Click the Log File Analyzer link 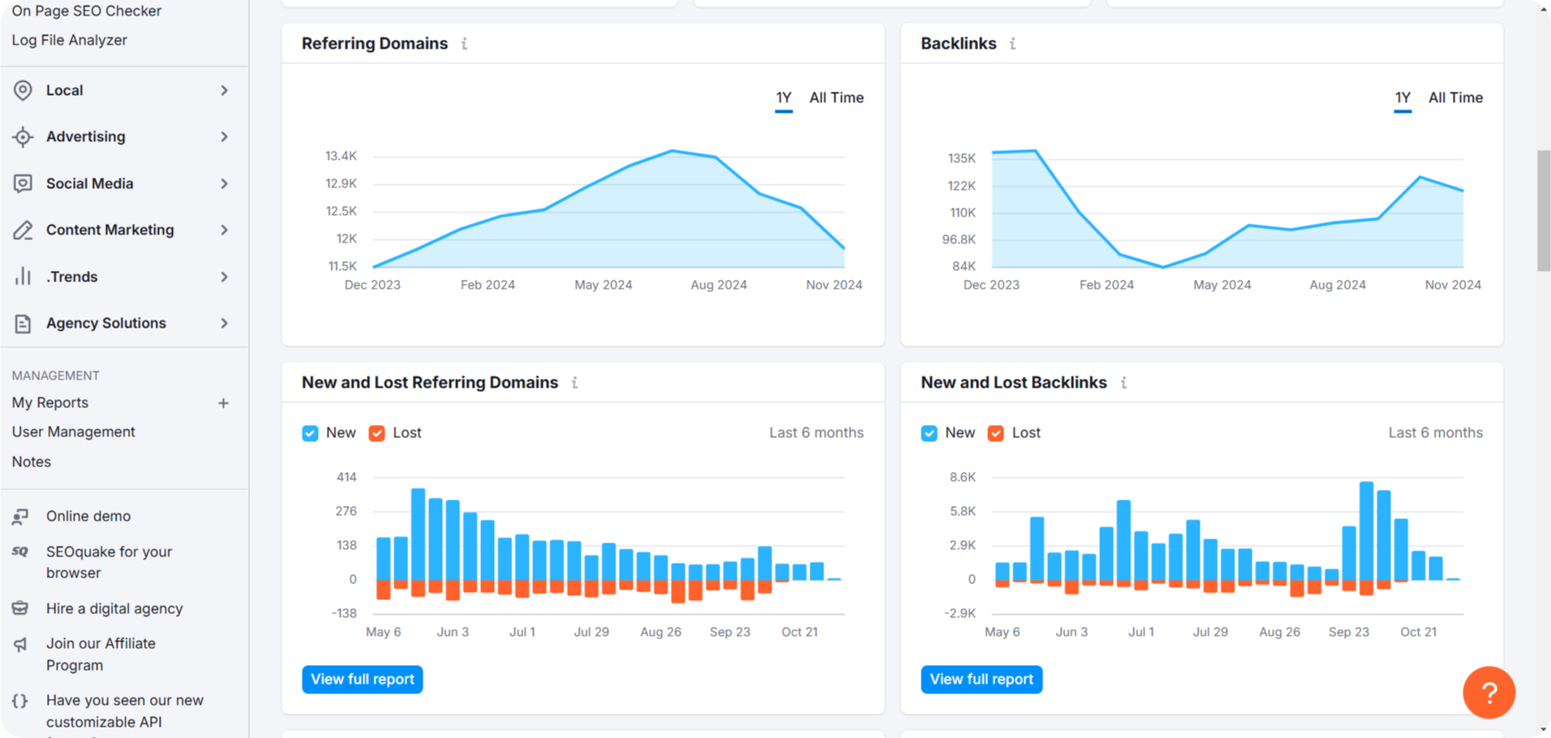[x=69, y=40]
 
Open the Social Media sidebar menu [x=89, y=183]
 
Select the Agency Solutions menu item [x=105, y=323]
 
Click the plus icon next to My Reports [x=223, y=403]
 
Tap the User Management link [x=73, y=431]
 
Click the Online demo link [x=88, y=516]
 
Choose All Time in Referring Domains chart [x=836, y=97]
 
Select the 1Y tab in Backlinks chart [x=1402, y=97]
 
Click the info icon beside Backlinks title [x=1012, y=44]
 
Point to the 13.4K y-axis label [x=341, y=156]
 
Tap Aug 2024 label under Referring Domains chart [x=718, y=285]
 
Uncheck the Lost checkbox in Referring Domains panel [x=376, y=433]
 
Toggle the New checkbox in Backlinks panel [x=929, y=433]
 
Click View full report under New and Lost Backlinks [x=981, y=679]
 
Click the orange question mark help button [x=1488, y=692]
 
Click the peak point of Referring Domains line [x=672, y=151]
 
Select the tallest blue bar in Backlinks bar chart [x=1366, y=531]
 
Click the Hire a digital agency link [x=114, y=608]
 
